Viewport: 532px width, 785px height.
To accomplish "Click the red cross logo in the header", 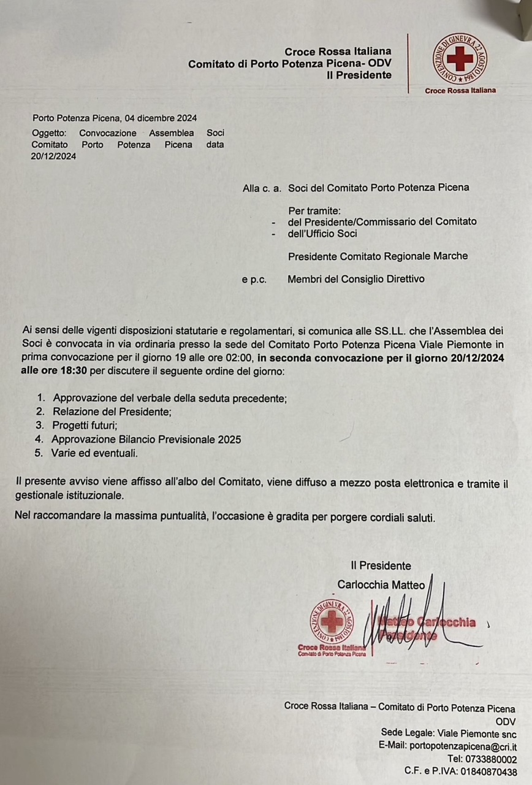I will (460, 59).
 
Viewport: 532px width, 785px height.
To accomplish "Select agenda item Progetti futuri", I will (85, 426).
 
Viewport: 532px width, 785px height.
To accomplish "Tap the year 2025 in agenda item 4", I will (229, 440).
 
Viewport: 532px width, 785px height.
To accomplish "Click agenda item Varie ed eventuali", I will (95, 453).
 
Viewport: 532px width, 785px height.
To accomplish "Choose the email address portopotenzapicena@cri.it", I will (470, 746).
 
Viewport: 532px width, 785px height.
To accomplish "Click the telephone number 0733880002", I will (490, 759).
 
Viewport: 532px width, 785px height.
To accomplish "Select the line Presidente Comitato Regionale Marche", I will (378, 256).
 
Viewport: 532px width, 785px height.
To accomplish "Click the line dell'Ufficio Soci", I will (322, 233).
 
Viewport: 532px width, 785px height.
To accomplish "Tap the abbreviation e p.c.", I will (254, 279).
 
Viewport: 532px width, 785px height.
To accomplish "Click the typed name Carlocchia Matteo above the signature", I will (381, 585).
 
